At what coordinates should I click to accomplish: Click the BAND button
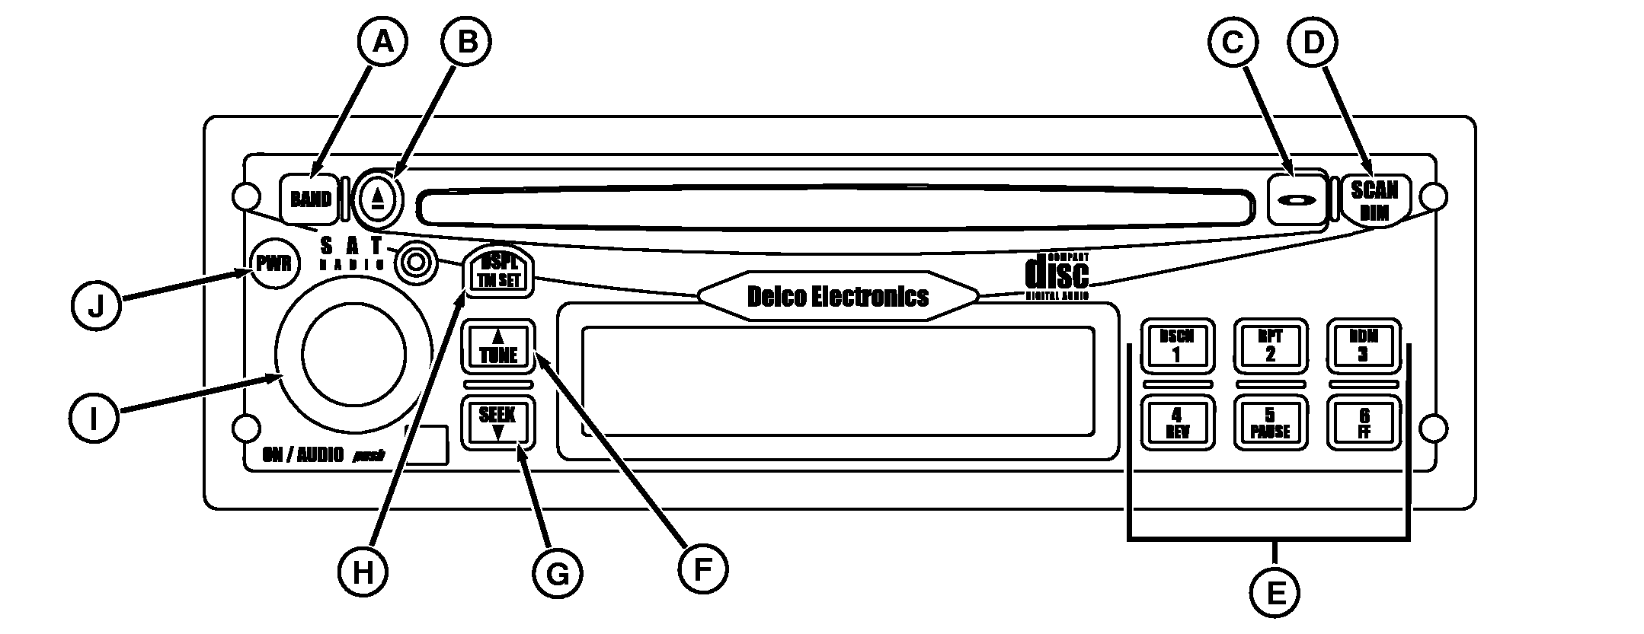coord(310,199)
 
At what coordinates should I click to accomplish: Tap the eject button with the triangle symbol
coord(377,199)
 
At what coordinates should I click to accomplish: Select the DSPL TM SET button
coord(498,272)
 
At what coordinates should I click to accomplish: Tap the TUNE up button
coord(498,346)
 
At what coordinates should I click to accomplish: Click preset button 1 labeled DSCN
coord(1175,346)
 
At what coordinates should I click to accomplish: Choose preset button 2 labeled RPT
coord(1270,346)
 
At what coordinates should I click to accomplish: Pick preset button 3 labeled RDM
coord(1363,346)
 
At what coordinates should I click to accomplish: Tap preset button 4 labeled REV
coord(1175,423)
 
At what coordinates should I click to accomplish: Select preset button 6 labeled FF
coord(1363,423)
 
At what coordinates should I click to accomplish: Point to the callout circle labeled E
coord(1274,593)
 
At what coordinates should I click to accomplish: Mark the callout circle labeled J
coord(95,307)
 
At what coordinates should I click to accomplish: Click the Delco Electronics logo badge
coord(837,296)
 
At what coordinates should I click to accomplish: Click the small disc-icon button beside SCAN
coord(1297,200)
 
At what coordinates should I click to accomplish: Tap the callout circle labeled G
coord(558,573)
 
